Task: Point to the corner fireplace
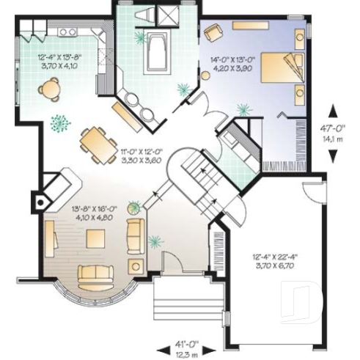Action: click(x=48, y=190)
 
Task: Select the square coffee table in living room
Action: click(x=95, y=238)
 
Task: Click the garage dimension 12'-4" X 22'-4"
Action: click(x=273, y=261)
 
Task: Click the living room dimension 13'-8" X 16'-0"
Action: click(x=94, y=212)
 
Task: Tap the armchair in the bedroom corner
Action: click(x=213, y=32)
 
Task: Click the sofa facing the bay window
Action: click(x=97, y=273)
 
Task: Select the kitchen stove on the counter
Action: click(x=68, y=32)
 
